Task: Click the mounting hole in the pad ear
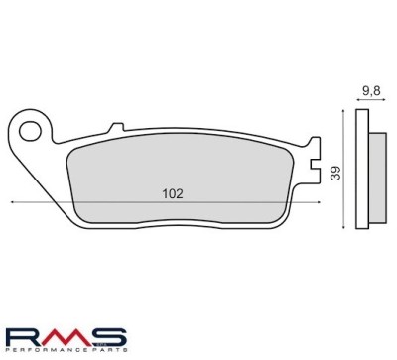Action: click(x=30, y=132)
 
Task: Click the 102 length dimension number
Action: click(x=173, y=194)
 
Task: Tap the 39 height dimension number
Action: click(x=335, y=173)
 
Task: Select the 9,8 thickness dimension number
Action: click(x=371, y=91)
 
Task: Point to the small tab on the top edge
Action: click(x=117, y=127)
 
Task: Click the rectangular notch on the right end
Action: click(x=315, y=164)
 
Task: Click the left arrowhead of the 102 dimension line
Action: click(x=12, y=202)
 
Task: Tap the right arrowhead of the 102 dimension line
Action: click(x=319, y=202)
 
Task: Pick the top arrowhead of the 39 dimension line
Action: click(x=343, y=112)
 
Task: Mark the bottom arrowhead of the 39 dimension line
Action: click(x=344, y=226)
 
